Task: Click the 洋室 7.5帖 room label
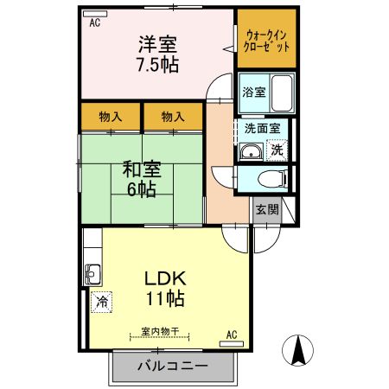click(x=156, y=54)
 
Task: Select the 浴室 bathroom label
click(x=252, y=92)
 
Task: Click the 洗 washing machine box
click(x=277, y=149)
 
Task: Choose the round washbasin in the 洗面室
click(x=252, y=154)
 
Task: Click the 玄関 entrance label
click(x=265, y=210)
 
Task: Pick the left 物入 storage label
click(x=109, y=116)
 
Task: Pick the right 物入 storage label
click(x=172, y=116)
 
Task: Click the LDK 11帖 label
click(x=163, y=289)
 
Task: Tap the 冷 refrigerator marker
click(x=101, y=303)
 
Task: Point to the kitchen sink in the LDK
click(x=92, y=277)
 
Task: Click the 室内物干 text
click(x=160, y=331)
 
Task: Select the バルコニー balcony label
click(x=172, y=367)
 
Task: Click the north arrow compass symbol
click(x=298, y=350)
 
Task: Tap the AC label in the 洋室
click(x=94, y=23)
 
